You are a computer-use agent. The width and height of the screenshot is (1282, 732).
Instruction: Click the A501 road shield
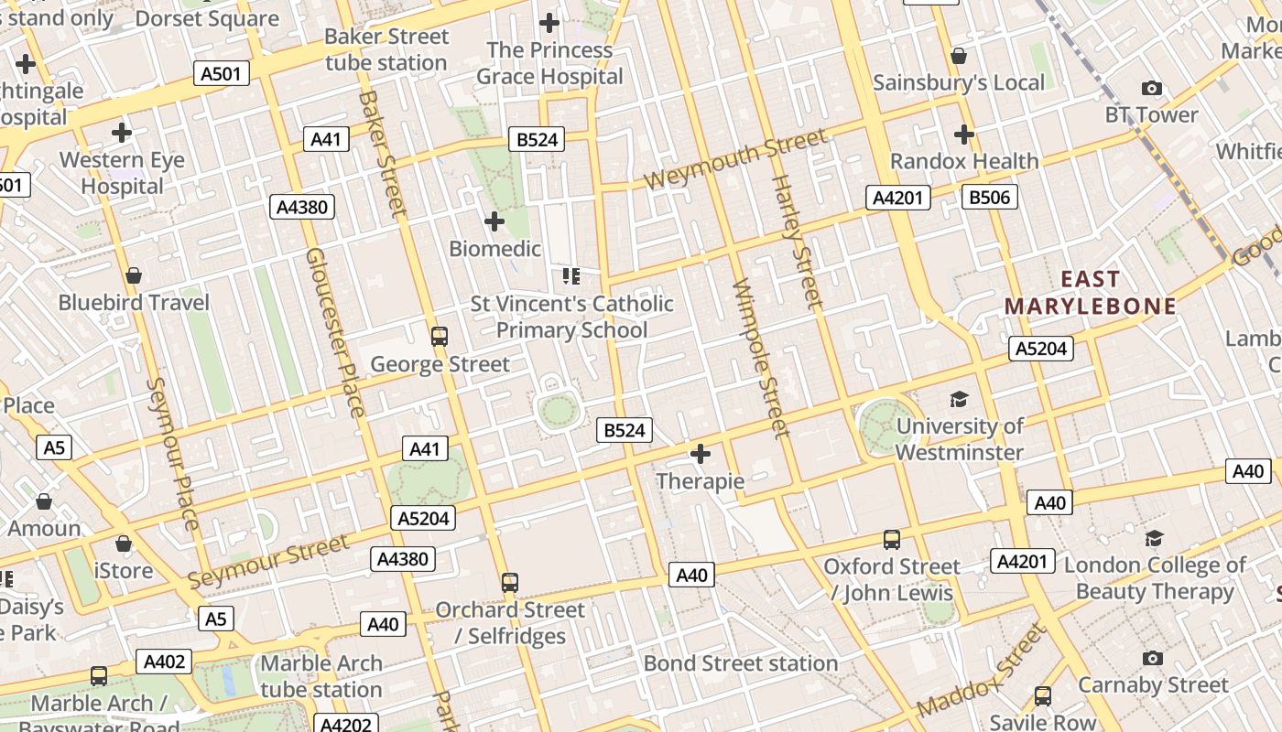(x=222, y=73)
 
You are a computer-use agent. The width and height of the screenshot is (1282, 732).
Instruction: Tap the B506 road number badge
(x=990, y=196)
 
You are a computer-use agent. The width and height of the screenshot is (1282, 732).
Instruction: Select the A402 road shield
(x=164, y=662)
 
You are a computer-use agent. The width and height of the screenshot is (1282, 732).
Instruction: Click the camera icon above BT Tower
(x=1152, y=89)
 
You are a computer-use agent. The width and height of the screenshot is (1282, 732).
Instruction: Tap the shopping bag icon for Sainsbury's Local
(x=959, y=57)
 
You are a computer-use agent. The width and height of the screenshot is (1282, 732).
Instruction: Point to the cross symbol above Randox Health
(x=964, y=135)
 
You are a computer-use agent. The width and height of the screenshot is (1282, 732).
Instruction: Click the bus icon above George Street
(x=440, y=336)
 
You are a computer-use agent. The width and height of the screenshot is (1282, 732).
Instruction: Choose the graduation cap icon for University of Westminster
(x=959, y=400)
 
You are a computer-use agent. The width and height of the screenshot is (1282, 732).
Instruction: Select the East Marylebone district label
(x=1090, y=293)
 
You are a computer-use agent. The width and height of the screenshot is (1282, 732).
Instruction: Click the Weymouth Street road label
(x=735, y=159)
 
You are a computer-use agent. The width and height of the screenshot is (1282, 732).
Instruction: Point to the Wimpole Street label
(x=761, y=358)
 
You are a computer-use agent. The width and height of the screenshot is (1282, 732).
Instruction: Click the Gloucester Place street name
(x=335, y=331)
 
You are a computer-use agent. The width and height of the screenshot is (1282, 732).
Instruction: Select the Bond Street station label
(x=741, y=663)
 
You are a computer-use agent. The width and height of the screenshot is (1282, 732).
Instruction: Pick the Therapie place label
(x=701, y=480)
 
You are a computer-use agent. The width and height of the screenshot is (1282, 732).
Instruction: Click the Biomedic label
(x=494, y=248)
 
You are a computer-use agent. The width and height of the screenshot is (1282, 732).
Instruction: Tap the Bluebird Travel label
(x=134, y=302)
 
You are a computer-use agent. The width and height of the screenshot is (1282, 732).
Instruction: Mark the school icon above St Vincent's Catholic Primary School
(x=571, y=276)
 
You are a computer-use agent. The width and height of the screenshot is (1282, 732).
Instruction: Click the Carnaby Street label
(x=1153, y=684)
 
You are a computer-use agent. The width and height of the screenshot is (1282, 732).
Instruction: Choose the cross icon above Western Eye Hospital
(x=122, y=134)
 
